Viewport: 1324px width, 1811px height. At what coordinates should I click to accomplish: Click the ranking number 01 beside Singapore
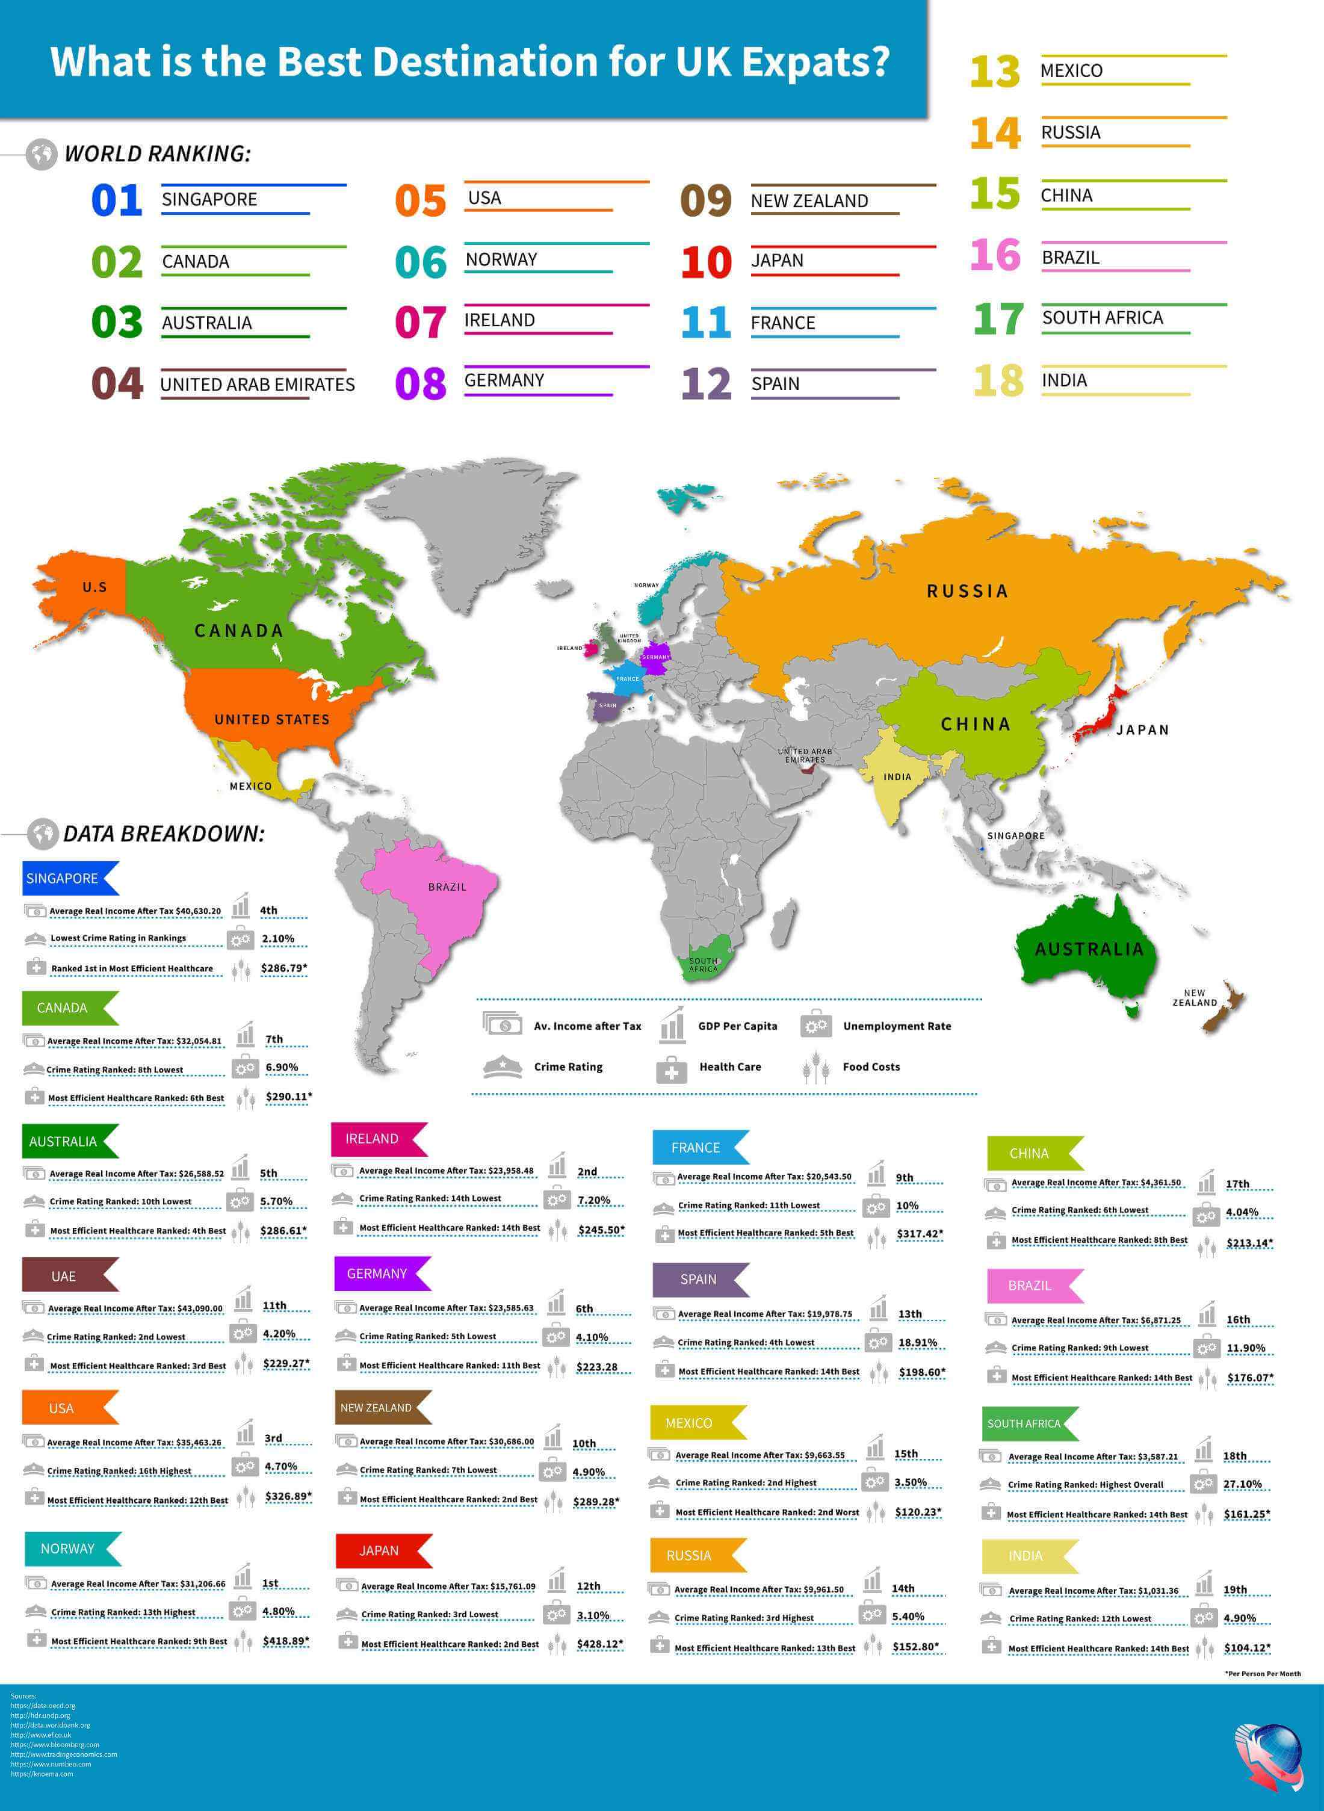coord(117,200)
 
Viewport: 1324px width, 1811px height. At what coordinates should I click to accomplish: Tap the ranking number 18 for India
coord(998,380)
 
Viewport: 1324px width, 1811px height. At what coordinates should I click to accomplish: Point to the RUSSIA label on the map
coord(967,592)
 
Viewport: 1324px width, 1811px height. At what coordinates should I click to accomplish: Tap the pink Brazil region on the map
coord(433,897)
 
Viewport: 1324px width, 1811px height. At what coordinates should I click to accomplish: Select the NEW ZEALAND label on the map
coord(1194,998)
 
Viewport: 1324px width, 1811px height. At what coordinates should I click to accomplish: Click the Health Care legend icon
coord(672,1069)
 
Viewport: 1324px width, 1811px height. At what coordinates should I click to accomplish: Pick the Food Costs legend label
coord(871,1067)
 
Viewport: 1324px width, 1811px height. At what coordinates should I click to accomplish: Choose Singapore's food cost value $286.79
coord(283,968)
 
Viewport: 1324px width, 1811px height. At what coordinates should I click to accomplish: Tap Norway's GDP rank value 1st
coord(270,1583)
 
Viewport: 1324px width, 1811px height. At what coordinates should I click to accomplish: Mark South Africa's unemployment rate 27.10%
coord(1242,1484)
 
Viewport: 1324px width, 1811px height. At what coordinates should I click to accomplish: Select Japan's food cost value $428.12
coord(599,1644)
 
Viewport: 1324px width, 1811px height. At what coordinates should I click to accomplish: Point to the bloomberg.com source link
coord(55,1744)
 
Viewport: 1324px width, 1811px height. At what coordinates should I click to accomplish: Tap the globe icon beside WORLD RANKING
coord(42,154)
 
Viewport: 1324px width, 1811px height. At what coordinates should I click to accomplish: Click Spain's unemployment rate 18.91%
coord(918,1343)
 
